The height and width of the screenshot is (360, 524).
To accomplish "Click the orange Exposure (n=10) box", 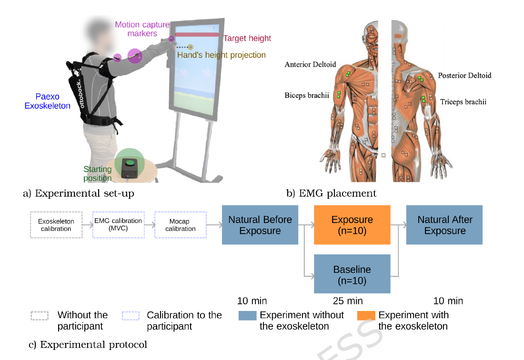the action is point(352,225).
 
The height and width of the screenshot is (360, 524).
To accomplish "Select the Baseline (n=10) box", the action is point(352,274).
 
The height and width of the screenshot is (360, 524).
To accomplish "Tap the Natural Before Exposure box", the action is point(260,225).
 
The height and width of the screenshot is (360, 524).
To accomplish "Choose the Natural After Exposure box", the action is point(444,225).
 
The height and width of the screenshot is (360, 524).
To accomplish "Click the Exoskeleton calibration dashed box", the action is point(56,225).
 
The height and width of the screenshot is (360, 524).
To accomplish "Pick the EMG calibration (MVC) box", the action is point(118,225).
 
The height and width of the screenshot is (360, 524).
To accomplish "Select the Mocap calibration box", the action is point(181,225).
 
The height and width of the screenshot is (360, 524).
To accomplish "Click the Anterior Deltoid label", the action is point(310,64).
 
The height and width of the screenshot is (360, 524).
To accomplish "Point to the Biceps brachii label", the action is point(307,96).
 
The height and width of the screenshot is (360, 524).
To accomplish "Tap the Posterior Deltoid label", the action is point(464,75).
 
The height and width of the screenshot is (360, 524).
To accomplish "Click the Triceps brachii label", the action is point(463,102).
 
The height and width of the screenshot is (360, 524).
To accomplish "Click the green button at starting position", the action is point(130,163).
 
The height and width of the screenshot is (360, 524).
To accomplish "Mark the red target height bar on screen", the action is point(197,35).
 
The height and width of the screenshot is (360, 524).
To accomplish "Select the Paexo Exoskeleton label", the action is point(48,101).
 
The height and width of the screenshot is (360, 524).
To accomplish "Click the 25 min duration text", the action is point(348,301).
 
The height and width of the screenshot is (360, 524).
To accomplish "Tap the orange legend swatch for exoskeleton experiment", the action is point(366,316).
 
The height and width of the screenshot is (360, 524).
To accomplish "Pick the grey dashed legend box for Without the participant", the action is point(40,316).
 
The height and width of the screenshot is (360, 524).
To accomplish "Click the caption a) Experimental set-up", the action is point(79,193).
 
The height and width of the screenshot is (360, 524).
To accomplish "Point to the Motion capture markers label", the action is point(142,29).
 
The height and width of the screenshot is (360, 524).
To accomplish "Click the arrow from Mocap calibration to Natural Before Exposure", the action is point(214,225).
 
